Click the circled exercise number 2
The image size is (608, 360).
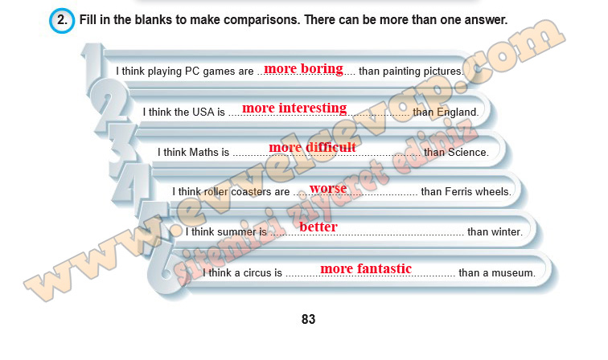pyautogui.click(x=62, y=20)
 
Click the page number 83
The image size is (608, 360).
pyautogui.click(x=308, y=319)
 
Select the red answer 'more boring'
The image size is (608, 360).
pyautogui.click(x=304, y=69)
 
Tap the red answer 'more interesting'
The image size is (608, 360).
pyautogui.click(x=294, y=108)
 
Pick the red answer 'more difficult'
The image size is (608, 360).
pyautogui.click(x=312, y=147)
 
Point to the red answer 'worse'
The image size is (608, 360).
pyautogui.click(x=328, y=188)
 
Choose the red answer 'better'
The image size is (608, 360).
pyautogui.click(x=318, y=227)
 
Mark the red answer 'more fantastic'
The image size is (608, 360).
pyautogui.click(x=366, y=268)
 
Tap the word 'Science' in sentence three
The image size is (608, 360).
pyautogui.click(x=467, y=153)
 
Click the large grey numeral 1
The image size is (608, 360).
pyautogui.click(x=93, y=64)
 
